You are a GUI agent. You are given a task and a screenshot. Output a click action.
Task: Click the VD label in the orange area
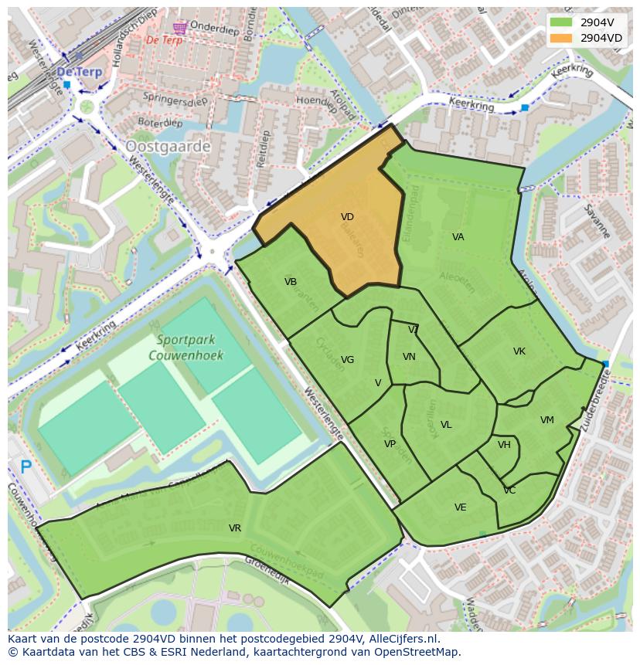pyautogui.click(x=347, y=218)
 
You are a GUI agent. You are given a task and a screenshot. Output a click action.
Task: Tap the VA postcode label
pyautogui.click(x=458, y=237)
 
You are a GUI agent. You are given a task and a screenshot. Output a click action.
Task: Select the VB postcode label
pyautogui.click(x=291, y=282)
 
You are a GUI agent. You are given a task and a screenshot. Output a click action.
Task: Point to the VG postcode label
pyautogui.click(x=348, y=360)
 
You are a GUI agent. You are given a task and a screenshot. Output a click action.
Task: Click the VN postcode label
pyautogui.click(x=409, y=357)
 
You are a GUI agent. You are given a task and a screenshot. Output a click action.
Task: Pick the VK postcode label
pyautogui.click(x=519, y=351)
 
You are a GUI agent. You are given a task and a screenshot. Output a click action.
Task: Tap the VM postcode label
pyautogui.click(x=547, y=420)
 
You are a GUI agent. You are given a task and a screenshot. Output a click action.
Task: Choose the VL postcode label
pyautogui.click(x=446, y=425)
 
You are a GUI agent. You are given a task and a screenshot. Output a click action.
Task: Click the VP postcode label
pyautogui.click(x=390, y=444)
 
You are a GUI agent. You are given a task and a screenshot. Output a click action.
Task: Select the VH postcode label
pyautogui.click(x=504, y=445)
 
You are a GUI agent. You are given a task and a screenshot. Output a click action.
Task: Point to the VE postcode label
pyautogui.click(x=461, y=507)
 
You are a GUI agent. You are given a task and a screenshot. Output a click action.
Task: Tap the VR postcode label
pyautogui.click(x=235, y=528)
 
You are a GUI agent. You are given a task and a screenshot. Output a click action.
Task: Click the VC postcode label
pyautogui.click(x=509, y=490)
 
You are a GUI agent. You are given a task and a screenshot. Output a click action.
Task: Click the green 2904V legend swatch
pyautogui.click(x=561, y=22)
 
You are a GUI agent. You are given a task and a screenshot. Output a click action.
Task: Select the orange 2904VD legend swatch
pyautogui.click(x=561, y=38)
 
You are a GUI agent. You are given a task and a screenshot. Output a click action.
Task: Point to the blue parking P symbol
pyautogui.click(x=26, y=467)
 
